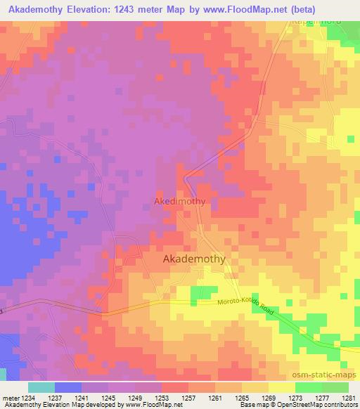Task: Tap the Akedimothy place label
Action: pyautogui.click(x=179, y=201)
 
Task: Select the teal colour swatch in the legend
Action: pyautogui.click(x=41, y=387)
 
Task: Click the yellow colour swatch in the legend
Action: pyautogui.click(x=281, y=387)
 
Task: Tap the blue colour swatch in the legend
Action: pyautogui.click(x=68, y=387)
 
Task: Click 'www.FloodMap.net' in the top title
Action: pyautogui.click(x=236, y=9)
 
